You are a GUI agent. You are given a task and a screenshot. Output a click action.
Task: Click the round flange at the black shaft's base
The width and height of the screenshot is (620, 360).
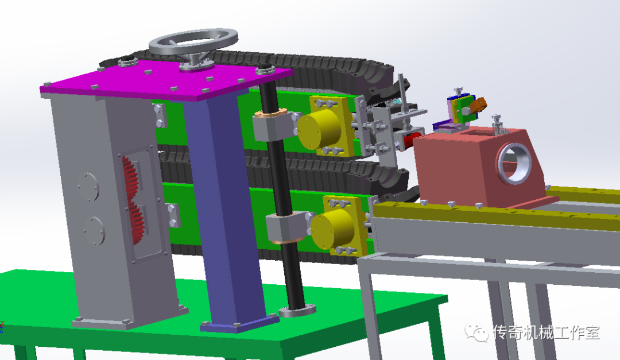[297, 311]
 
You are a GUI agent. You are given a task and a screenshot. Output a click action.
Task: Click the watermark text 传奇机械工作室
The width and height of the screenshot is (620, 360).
[545, 332]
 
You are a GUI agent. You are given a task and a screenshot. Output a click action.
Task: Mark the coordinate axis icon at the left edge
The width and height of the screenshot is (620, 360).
[2, 327]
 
